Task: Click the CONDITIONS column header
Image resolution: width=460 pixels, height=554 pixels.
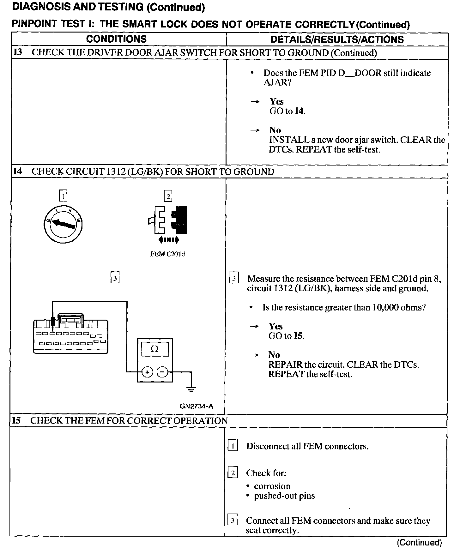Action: coord(116,39)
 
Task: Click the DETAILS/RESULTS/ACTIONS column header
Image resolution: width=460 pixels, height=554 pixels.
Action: coord(337,39)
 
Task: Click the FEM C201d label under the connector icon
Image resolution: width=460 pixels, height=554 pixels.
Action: coord(167,254)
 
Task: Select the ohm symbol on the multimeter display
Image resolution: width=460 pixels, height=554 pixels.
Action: coord(155,349)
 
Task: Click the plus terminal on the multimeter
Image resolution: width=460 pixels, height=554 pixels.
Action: coord(147,372)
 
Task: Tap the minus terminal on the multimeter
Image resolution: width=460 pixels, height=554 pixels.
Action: coord(162,372)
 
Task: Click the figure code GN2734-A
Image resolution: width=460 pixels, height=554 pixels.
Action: coord(196,406)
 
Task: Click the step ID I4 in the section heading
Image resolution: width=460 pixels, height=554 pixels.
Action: coord(18,172)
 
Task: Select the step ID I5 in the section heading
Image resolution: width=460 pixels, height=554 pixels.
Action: coord(16,421)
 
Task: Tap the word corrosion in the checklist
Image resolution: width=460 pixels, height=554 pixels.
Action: coord(272,486)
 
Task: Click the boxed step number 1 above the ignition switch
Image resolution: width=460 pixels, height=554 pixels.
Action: coord(63,196)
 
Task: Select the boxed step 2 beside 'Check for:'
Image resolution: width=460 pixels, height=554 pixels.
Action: coord(233,473)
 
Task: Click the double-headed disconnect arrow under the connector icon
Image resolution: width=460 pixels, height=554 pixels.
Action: coord(169,240)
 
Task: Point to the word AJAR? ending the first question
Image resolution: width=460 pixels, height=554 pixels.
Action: coord(277,83)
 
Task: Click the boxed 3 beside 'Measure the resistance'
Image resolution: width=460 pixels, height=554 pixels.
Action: coord(233,279)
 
